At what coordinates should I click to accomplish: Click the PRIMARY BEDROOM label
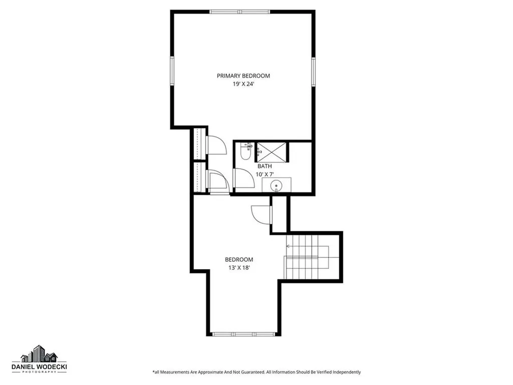pos(243,76)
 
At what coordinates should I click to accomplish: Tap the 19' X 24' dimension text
pos(243,84)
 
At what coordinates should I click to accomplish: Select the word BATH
pos(265,166)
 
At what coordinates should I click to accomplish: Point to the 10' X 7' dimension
pos(265,174)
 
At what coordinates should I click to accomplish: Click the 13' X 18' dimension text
pos(238,268)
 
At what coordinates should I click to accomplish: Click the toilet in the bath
pos(245,152)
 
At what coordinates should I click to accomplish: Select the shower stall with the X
pos(272,150)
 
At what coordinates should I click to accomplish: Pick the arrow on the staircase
pos(289,246)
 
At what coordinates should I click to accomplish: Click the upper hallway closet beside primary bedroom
pos(199,143)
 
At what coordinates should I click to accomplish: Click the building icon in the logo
pos(39,354)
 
